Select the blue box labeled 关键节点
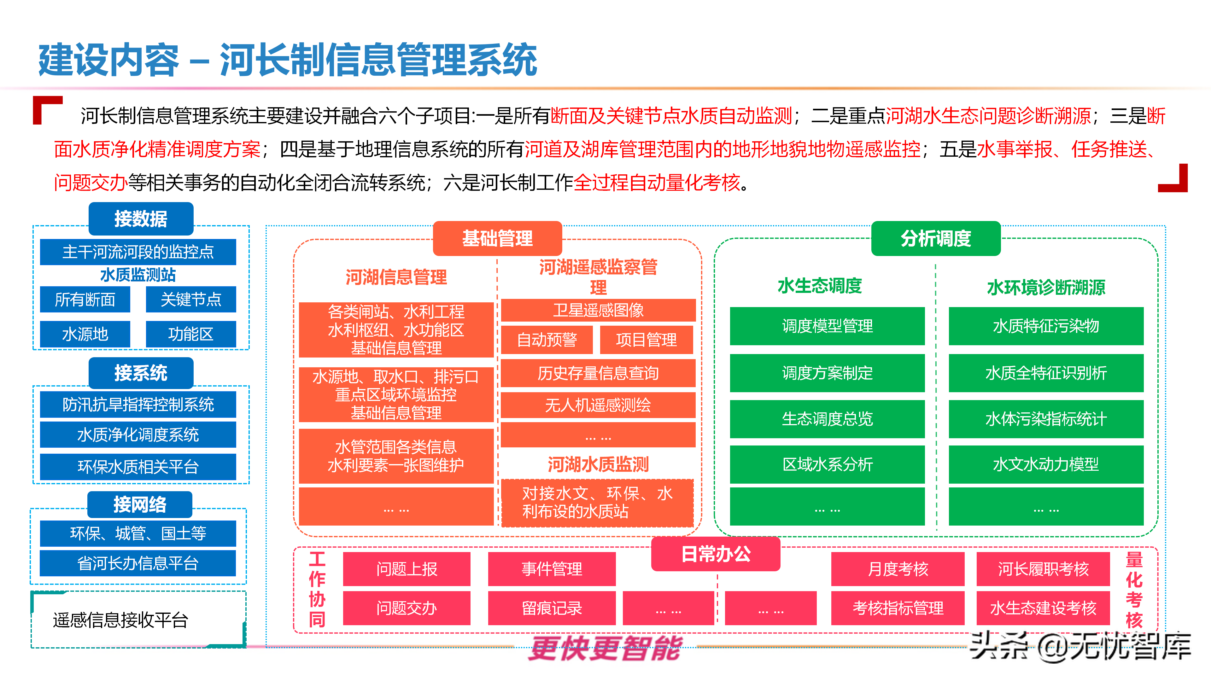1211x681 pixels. click(191, 300)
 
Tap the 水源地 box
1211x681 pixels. click(85, 334)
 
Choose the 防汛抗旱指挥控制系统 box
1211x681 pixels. click(138, 404)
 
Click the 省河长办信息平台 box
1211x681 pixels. click(138, 563)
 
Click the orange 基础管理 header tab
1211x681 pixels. click(497, 238)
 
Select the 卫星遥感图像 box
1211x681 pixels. click(598, 310)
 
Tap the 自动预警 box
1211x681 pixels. click(547, 339)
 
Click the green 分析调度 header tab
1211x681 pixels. click(935, 238)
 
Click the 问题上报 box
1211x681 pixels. click(407, 569)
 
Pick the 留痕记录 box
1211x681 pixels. click(552, 608)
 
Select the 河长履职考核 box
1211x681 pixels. click(1043, 569)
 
